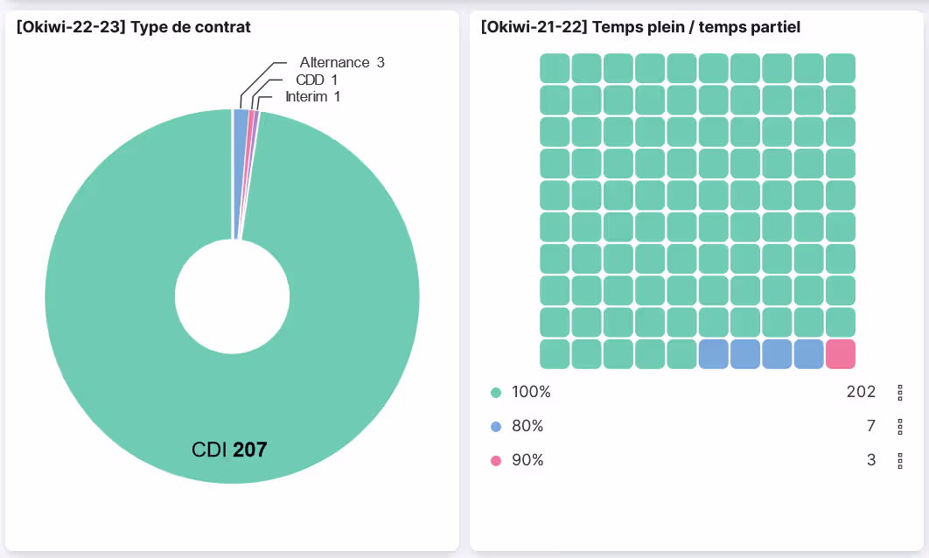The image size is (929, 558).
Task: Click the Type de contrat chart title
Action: (x=133, y=28)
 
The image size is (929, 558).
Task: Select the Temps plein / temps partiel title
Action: (x=640, y=28)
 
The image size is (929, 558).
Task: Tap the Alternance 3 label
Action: (x=341, y=62)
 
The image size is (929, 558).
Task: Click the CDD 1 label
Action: (x=317, y=80)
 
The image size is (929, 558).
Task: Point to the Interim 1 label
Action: (x=312, y=96)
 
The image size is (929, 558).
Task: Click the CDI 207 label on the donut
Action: (x=229, y=450)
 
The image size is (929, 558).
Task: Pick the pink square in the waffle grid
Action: (x=840, y=354)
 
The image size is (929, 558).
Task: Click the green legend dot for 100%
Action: (x=496, y=393)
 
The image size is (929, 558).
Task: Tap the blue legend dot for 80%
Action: (x=496, y=427)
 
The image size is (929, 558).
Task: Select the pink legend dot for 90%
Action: (x=496, y=460)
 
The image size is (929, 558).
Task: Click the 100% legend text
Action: (x=531, y=393)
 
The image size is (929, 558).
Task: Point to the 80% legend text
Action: (x=527, y=427)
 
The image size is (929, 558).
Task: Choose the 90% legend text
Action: (x=527, y=460)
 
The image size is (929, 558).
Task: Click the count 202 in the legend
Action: (x=861, y=393)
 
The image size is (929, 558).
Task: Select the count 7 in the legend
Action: (x=870, y=427)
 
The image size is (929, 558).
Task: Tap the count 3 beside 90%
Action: (x=870, y=460)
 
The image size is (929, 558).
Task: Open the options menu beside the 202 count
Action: (x=900, y=393)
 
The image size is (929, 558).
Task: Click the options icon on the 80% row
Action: (x=900, y=427)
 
